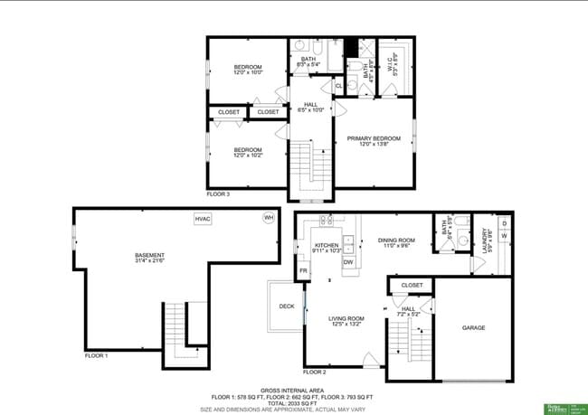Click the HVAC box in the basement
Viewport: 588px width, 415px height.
click(x=203, y=219)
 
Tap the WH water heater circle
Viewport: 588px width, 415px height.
click(x=269, y=218)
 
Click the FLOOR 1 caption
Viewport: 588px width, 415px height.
click(x=96, y=356)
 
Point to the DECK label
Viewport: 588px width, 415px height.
click(x=287, y=307)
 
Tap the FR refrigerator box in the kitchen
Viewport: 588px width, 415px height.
click(x=304, y=270)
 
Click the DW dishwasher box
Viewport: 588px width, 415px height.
click(x=347, y=262)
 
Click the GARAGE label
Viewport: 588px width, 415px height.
click(x=475, y=327)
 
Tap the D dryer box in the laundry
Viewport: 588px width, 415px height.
click(x=504, y=222)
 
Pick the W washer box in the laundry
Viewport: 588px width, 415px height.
click(x=504, y=236)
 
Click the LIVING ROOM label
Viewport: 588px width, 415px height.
click(x=346, y=318)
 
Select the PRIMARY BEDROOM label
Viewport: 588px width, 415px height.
click(x=380, y=138)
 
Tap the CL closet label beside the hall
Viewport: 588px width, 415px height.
click(x=338, y=87)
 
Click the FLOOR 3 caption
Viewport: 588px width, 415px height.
click(x=219, y=193)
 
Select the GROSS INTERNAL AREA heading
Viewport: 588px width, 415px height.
click(x=293, y=390)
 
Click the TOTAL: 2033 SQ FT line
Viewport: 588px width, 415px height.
click(x=293, y=403)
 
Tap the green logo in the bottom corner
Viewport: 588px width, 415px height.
click(x=562, y=407)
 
